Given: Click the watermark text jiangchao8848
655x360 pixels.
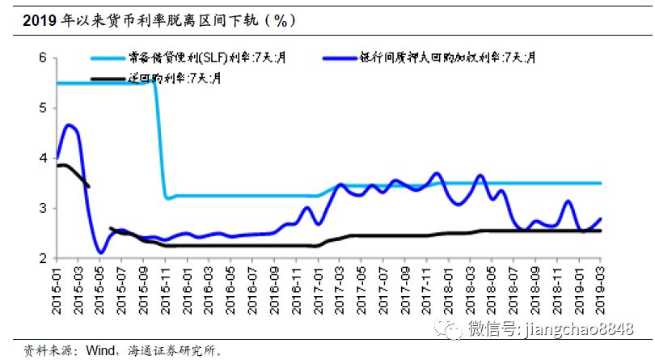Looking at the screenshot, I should click(580, 328).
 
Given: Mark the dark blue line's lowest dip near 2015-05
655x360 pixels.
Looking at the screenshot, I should click(100, 253).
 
